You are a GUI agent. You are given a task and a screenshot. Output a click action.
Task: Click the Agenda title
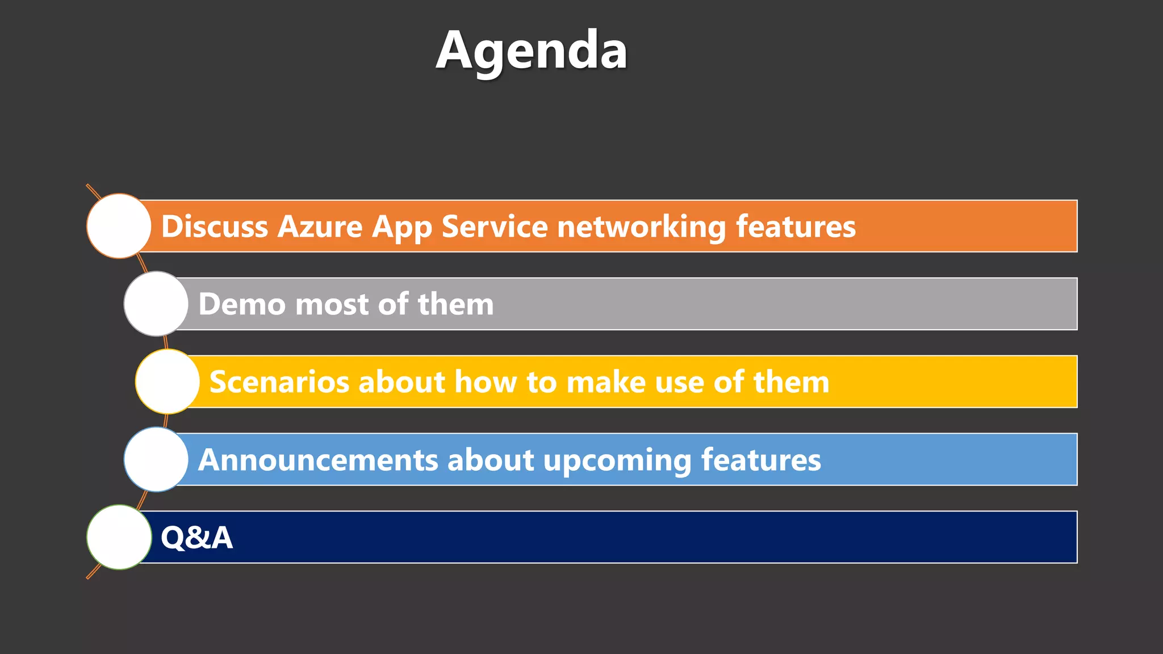click(x=532, y=51)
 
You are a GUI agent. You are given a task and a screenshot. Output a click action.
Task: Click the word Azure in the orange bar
click(x=320, y=227)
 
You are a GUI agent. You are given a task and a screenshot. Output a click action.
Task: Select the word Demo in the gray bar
click(x=242, y=304)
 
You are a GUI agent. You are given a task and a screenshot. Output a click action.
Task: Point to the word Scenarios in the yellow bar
click(x=279, y=382)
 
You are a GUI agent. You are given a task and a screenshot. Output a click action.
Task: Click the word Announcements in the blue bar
click(x=318, y=460)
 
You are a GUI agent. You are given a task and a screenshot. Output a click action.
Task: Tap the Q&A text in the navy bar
click(x=196, y=537)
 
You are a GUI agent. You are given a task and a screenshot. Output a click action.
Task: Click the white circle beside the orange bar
click(x=119, y=226)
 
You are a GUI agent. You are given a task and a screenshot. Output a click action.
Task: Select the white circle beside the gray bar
click(x=156, y=304)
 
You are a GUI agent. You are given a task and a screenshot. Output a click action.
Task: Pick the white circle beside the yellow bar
click(x=168, y=381)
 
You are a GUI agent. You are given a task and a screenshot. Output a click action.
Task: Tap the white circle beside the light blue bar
click(x=156, y=459)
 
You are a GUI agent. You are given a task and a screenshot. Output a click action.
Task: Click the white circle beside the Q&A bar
click(x=119, y=537)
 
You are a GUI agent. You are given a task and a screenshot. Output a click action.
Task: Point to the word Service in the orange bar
click(x=495, y=227)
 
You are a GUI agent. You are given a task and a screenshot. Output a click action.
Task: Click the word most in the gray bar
click(x=332, y=304)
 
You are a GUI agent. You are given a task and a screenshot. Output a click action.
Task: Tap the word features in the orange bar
click(x=796, y=227)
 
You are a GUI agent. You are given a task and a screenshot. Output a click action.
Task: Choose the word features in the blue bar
click(x=761, y=460)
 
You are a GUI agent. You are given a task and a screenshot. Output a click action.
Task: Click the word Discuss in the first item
click(x=215, y=227)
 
